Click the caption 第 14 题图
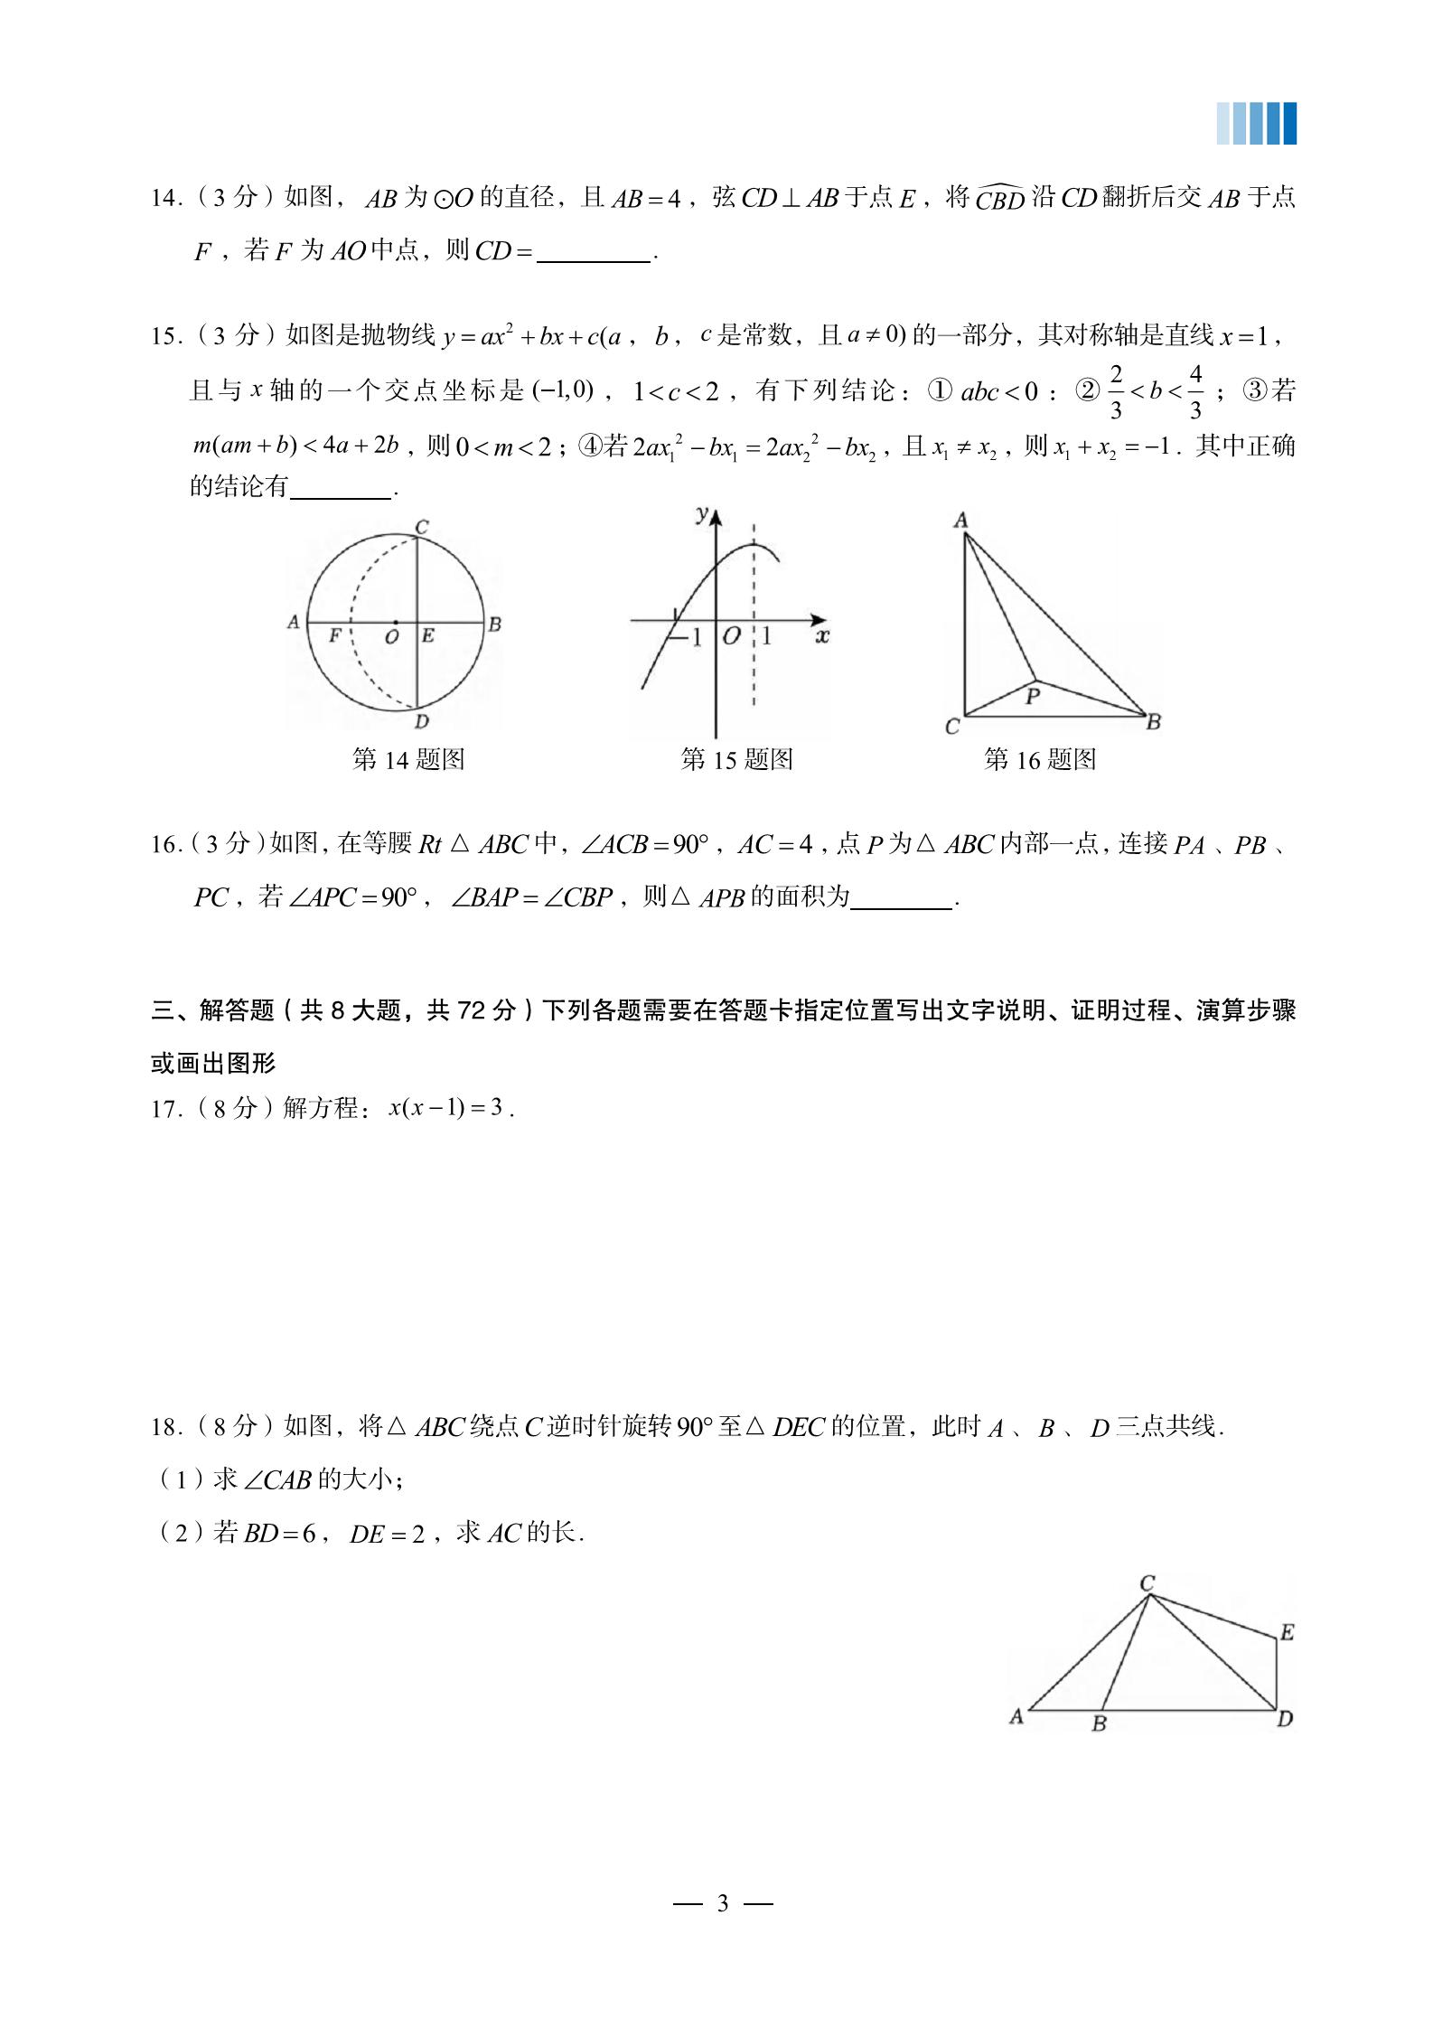408,759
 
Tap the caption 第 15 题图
736,759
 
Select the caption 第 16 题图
1040,759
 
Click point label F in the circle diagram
334,635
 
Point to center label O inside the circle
392,637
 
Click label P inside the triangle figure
1033,696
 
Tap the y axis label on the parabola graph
702,513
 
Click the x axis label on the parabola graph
822,636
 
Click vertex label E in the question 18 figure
1287,1632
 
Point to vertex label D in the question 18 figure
1285,1719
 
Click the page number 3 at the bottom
722,1903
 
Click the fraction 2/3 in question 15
1116,391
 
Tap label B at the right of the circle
494,624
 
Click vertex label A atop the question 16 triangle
960,520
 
